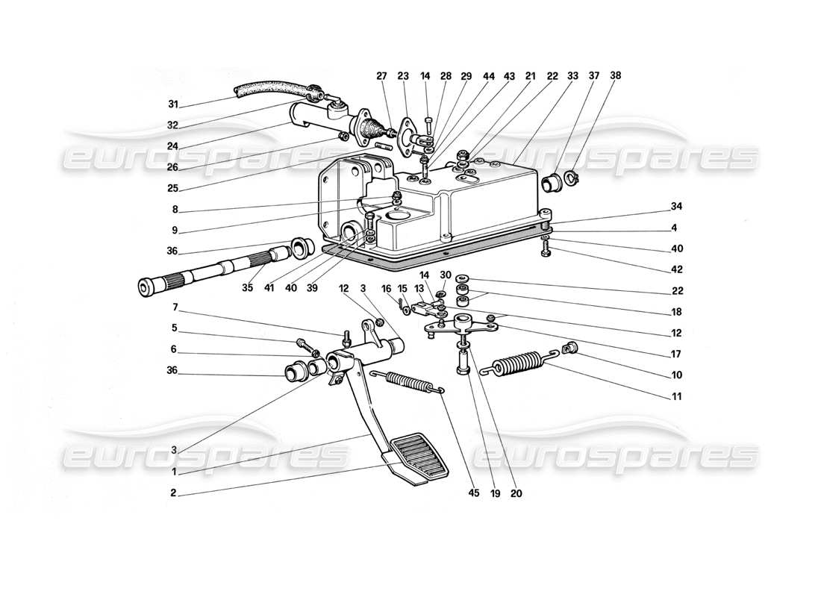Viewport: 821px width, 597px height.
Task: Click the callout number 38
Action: click(x=615, y=75)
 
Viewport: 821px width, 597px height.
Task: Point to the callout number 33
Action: click(x=573, y=75)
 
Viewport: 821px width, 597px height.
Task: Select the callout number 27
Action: click(x=381, y=75)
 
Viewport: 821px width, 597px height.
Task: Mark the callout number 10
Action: click(x=675, y=375)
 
